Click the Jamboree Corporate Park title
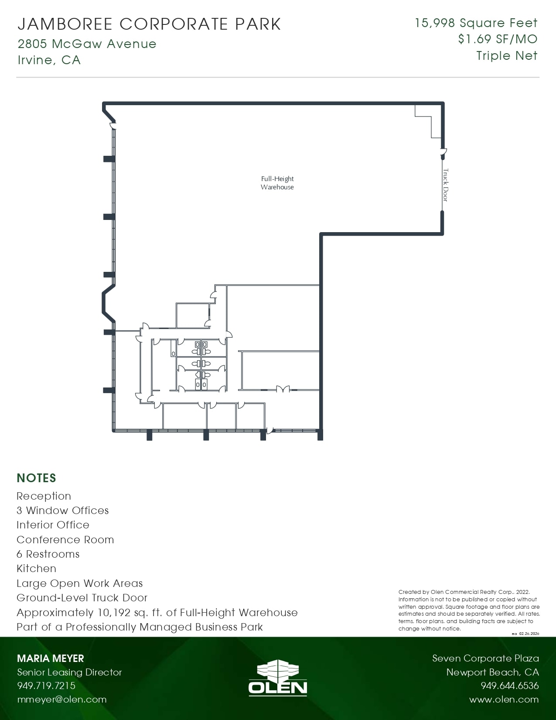(149, 24)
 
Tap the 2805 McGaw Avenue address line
(87, 44)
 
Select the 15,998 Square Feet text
(476, 23)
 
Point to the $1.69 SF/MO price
(498, 39)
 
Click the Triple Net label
(507, 56)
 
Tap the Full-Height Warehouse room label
(277, 183)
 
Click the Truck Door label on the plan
(445, 185)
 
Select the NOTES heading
(36, 478)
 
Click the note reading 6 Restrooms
(48, 554)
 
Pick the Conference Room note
(65, 540)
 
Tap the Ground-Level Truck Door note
(82, 598)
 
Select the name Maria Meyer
(50, 658)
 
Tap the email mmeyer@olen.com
(61, 699)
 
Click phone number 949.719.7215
(46, 686)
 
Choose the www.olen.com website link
(504, 699)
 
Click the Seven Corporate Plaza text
(485, 658)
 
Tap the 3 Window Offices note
(62, 511)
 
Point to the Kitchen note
(36, 569)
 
